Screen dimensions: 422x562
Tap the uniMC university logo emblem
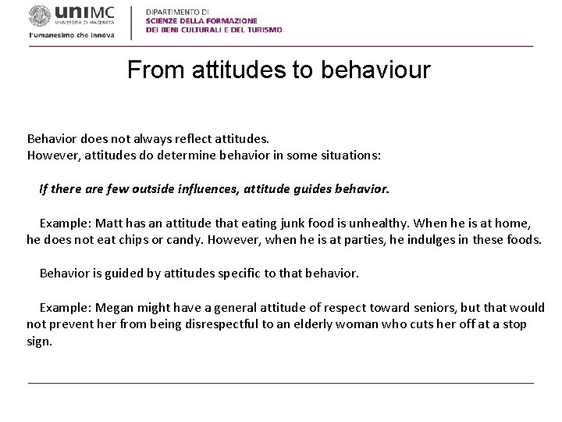(x=38, y=16)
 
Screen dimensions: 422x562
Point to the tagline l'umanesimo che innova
(x=71, y=35)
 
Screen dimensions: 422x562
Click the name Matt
(x=109, y=223)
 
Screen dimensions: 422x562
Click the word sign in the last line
(x=38, y=342)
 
